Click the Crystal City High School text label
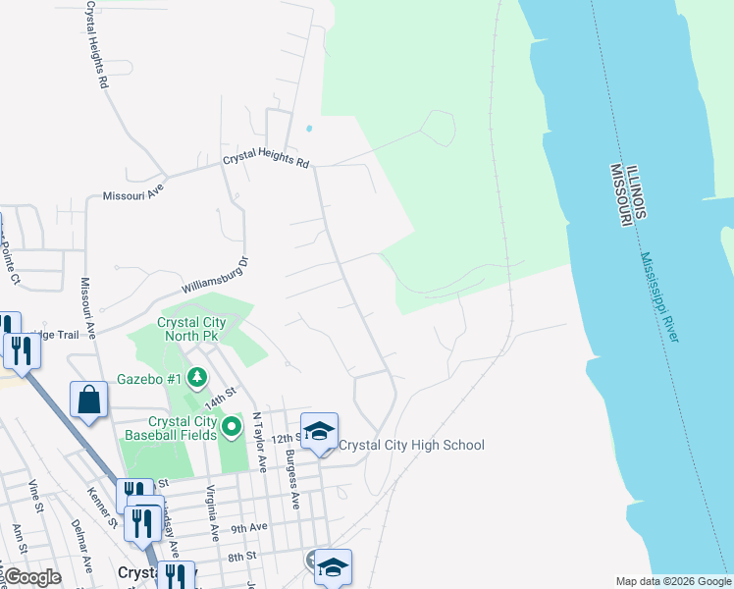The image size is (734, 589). [411, 445]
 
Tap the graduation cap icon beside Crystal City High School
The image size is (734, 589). [319, 432]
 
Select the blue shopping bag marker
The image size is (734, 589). [88, 401]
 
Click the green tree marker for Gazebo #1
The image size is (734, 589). [197, 377]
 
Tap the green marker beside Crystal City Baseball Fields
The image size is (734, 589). [232, 426]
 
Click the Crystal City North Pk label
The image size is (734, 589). [192, 329]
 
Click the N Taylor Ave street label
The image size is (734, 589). [260, 442]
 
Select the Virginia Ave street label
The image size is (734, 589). [212, 511]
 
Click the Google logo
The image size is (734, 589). [32, 576]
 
